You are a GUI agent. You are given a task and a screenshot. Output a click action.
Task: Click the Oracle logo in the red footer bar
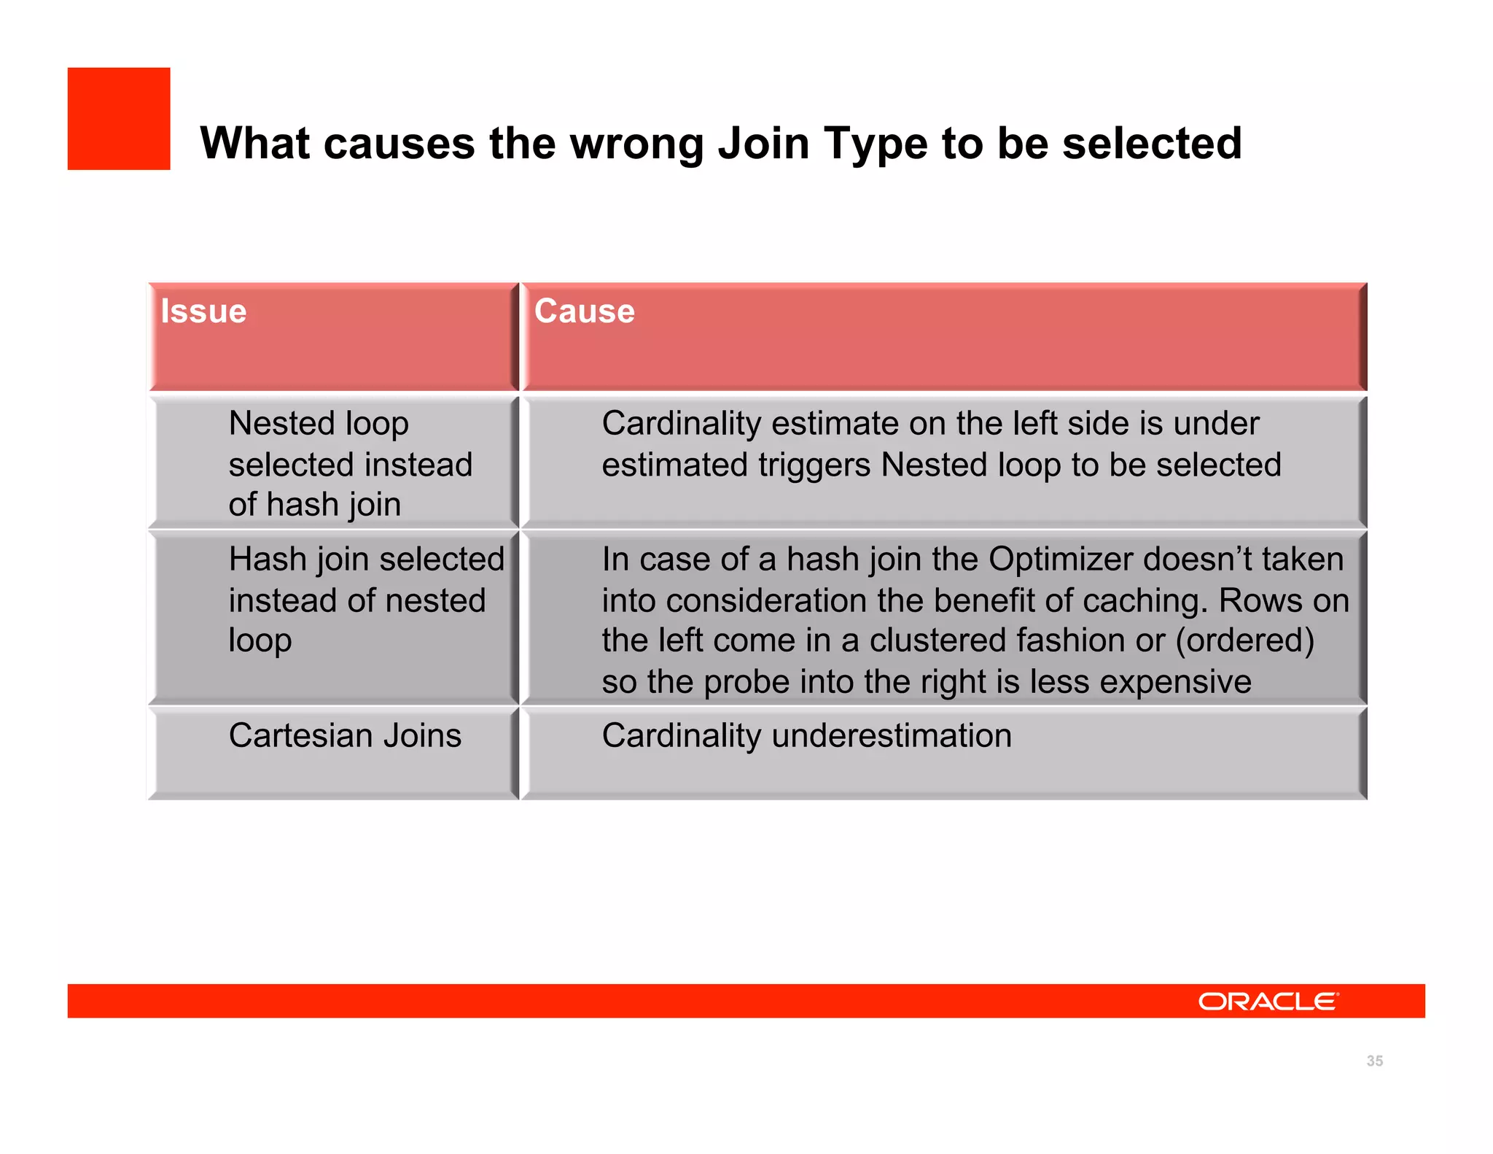click(1268, 1001)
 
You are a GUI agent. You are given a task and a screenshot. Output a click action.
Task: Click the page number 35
click(1374, 1061)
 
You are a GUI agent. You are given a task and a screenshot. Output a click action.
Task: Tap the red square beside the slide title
click(119, 119)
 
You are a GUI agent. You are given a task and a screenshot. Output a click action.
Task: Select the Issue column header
click(204, 311)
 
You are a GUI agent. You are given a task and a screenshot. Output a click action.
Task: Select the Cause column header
click(585, 311)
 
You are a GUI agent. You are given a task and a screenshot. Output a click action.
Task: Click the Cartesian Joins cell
click(345, 735)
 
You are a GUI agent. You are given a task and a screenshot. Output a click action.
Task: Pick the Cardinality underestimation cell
click(806, 735)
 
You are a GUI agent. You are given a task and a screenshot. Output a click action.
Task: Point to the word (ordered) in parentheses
click(1244, 640)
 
